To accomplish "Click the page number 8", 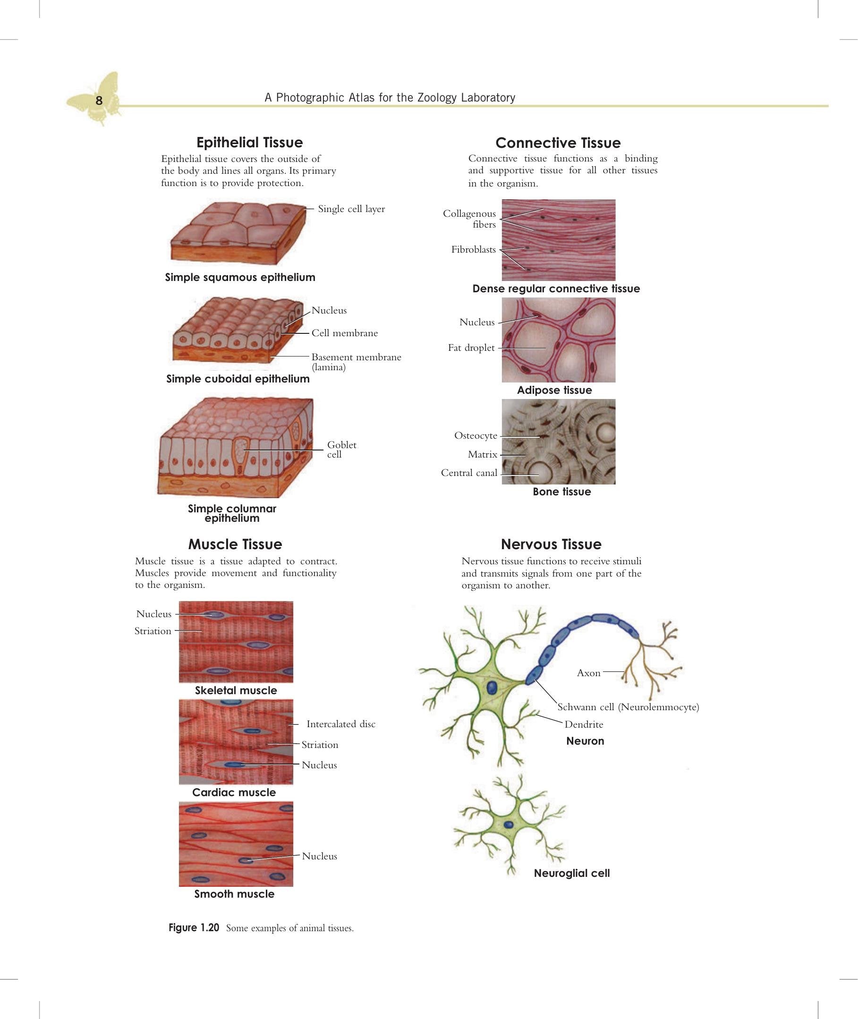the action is (x=99, y=101).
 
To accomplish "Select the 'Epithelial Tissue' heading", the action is (x=249, y=143).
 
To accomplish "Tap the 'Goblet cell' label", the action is (x=341, y=450).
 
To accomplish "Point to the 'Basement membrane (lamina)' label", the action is (x=357, y=362).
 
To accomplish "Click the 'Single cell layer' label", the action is (x=351, y=209).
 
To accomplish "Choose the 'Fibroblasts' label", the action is (x=473, y=249).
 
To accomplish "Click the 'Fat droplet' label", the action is (x=471, y=348).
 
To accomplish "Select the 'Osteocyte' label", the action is (x=476, y=436).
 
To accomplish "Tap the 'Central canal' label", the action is (x=469, y=473).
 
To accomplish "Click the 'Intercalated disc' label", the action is (x=341, y=724).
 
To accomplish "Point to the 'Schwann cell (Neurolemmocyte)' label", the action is (x=628, y=707).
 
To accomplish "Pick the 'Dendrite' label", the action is (x=584, y=725).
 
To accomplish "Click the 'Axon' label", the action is (x=588, y=673).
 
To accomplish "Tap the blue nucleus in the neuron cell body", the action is (x=492, y=687).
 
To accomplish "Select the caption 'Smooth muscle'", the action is (x=234, y=894).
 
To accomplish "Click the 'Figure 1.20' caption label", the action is (x=194, y=927).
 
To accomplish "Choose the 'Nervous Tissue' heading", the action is (x=551, y=544).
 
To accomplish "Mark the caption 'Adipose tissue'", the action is (x=554, y=390).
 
